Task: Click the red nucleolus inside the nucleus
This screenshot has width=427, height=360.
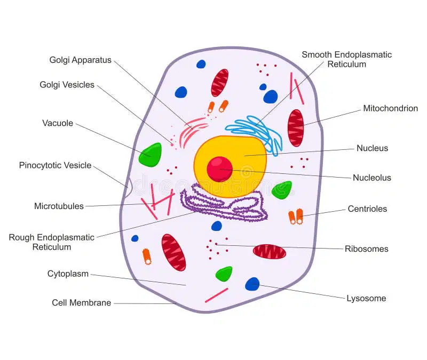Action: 219,169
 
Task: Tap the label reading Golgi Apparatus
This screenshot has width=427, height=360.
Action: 81,60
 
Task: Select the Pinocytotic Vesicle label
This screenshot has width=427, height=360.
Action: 55,165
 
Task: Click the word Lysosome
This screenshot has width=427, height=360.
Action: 366,299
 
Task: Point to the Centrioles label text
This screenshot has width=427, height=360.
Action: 367,209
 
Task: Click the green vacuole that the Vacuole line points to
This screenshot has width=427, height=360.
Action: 150,155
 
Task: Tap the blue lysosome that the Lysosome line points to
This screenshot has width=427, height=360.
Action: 252,284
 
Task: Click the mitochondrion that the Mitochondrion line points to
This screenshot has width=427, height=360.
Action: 296,128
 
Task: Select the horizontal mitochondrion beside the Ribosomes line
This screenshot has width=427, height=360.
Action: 270,251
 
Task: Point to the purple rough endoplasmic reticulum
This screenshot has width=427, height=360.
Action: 223,204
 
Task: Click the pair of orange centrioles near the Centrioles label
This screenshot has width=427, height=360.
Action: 296,217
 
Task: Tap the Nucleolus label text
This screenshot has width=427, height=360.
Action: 371,178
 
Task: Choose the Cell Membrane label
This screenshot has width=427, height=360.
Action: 82,302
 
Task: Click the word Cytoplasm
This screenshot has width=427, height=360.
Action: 68,274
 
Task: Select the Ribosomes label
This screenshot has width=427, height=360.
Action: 367,249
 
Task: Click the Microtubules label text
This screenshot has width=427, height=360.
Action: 59,206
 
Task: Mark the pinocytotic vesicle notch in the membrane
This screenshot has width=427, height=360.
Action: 129,187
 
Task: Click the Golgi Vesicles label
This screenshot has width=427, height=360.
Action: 67,85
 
